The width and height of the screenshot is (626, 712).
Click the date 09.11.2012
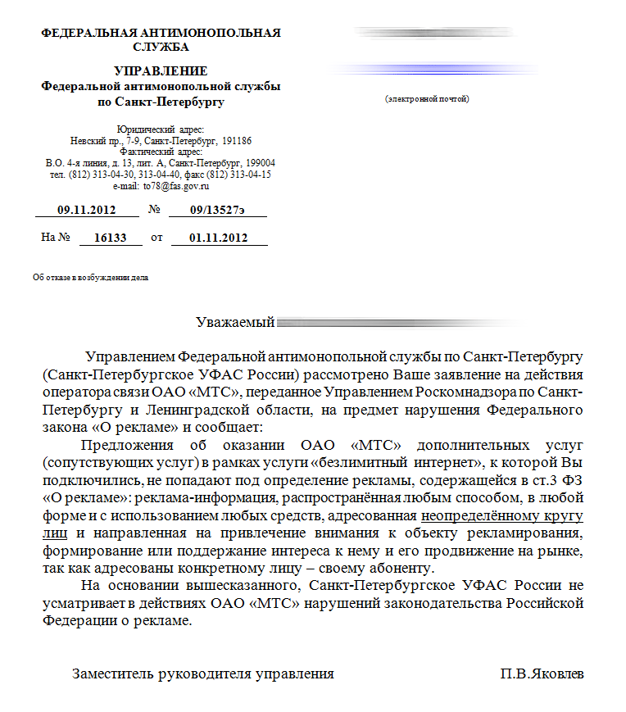click(x=84, y=211)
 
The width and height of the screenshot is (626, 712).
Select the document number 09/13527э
click(x=216, y=211)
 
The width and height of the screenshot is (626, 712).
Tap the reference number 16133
click(x=111, y=238)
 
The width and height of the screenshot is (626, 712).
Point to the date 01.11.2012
click(x=217, y=238)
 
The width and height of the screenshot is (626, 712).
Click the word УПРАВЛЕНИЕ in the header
click(x=161, y=71)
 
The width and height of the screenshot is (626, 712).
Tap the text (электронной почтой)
click(x=426, y=99)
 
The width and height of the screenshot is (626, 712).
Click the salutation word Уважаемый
click(x=234, y=323)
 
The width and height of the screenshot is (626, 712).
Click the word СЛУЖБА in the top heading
click(x=161, y=47)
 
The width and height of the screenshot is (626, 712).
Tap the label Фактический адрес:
click(x=161, y=152)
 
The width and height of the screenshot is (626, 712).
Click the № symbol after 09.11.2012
click(x=154, y=211)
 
